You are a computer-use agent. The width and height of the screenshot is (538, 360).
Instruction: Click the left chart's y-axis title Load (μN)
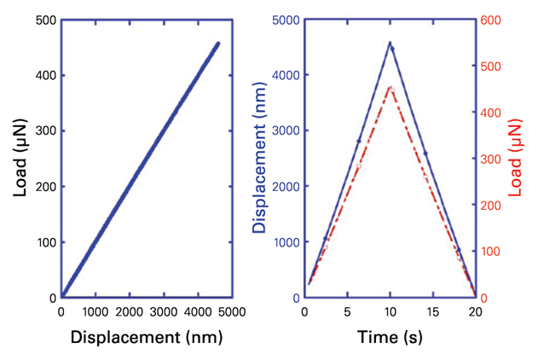pyautogui.click(x=20, y=158)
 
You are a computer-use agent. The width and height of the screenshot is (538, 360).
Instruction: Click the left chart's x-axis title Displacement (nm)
pyautogui.click(x=147, y=338)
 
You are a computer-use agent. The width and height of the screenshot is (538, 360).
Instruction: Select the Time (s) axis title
pyautogui.click(x=389, y=338)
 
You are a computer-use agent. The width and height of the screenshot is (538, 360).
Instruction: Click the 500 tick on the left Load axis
pyautogui.click(x=43, y=20)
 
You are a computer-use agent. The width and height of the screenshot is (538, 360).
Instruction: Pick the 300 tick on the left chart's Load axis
pyautogui.click(x=43, y=131)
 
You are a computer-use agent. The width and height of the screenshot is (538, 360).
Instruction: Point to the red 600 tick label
pyautogui.click(x=493, y=20)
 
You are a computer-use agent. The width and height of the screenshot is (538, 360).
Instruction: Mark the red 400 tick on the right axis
pyautogui.click(x=493, y=113)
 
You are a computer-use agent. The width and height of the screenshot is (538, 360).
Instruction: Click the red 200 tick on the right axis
pyautogui.click(x=493, y=206)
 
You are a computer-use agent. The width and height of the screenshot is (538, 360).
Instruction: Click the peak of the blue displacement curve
pyautogui.click(x=390, y=42)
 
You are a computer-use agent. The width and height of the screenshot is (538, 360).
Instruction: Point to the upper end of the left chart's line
pyautogui.click(x=217, y=44)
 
